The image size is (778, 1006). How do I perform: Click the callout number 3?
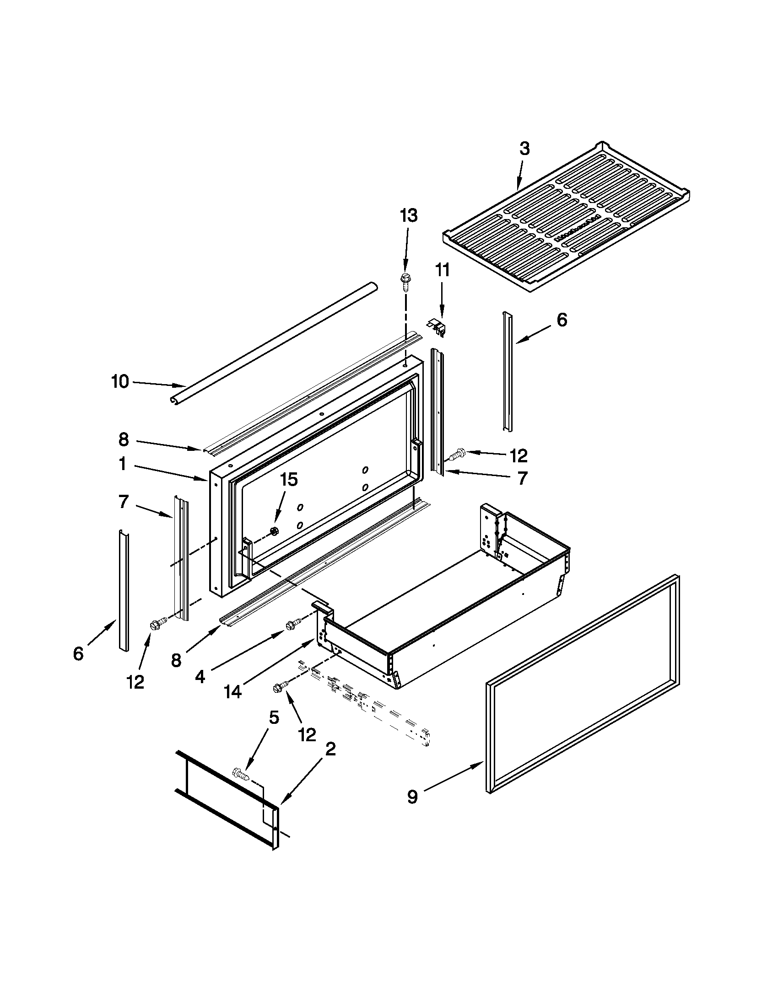[524, 149]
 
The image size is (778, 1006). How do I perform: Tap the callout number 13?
[408, 215]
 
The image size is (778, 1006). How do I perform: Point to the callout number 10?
[120, 381]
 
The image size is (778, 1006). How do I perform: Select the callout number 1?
[122, 464]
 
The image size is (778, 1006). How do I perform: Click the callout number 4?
[200, 676]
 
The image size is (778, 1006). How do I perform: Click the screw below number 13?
[405, 281]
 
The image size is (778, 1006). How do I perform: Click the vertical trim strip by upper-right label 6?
[507, 371]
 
